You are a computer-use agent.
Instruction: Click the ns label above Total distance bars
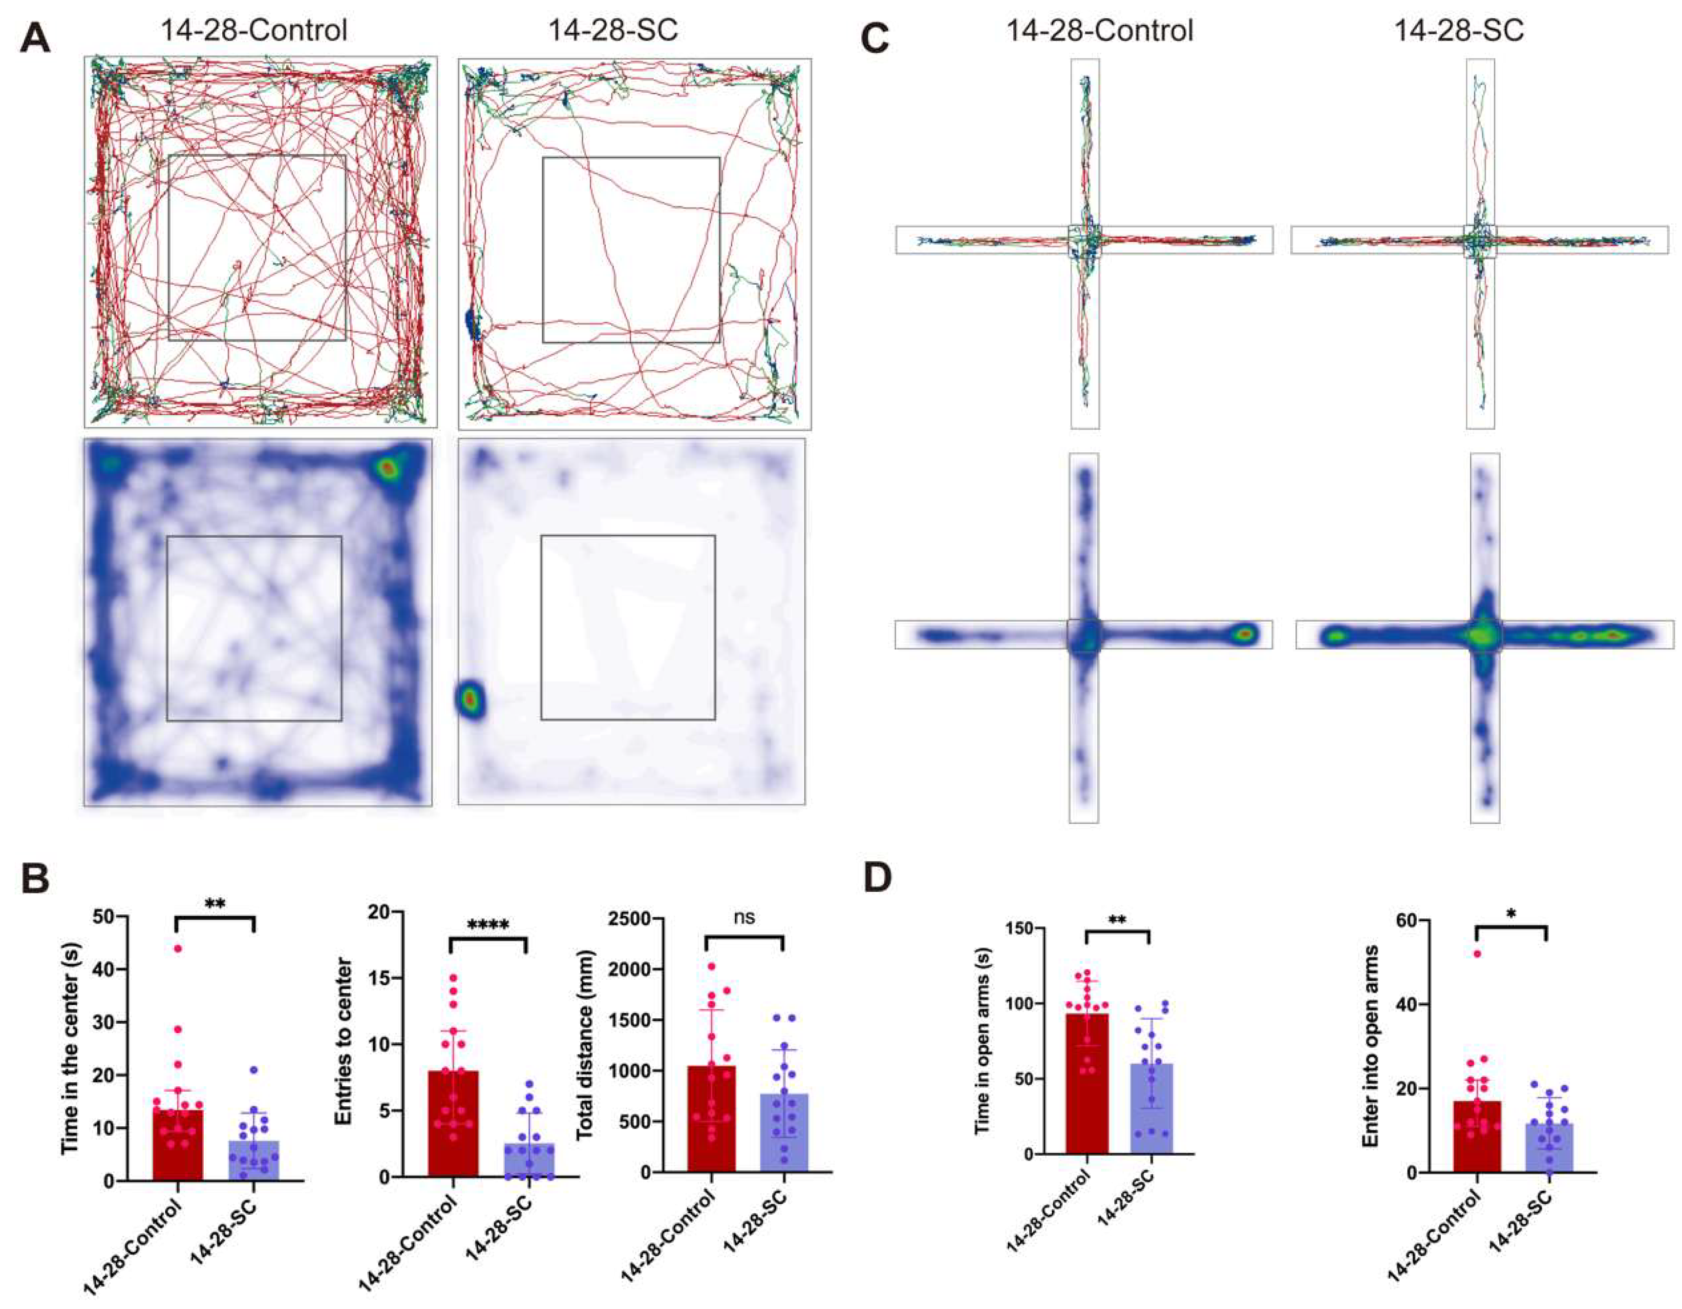point(744,917)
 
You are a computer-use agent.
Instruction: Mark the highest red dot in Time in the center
point(177,949)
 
